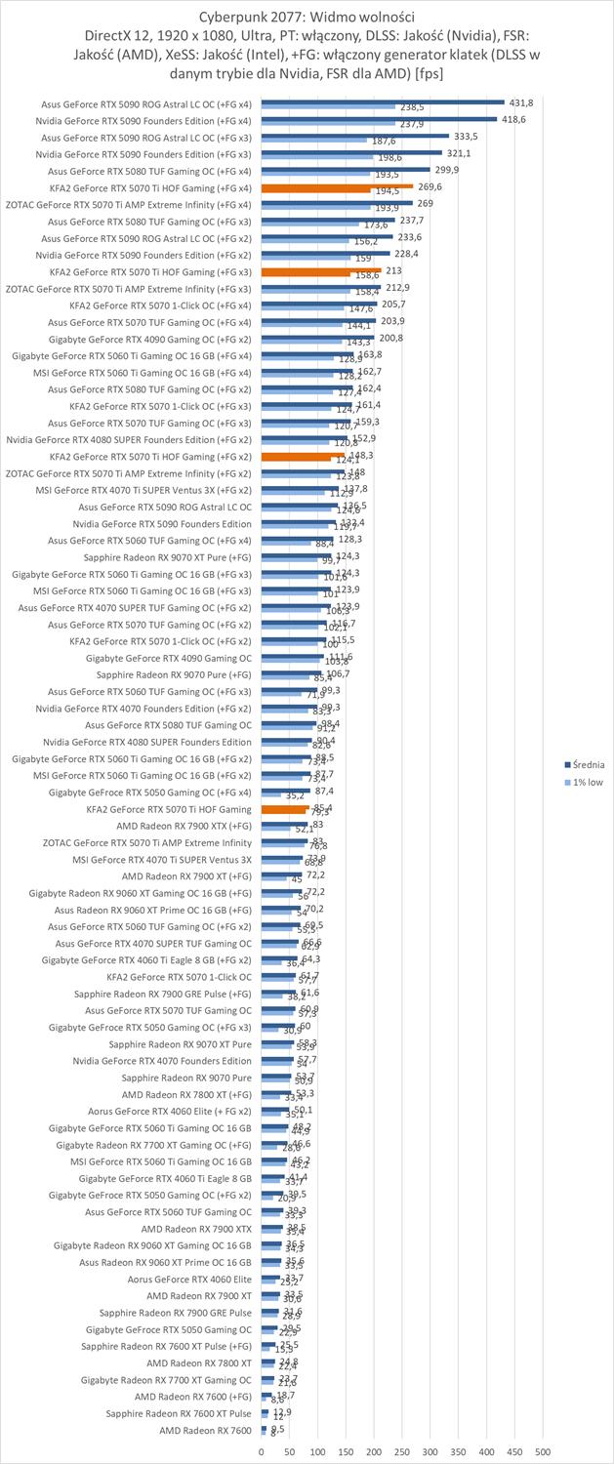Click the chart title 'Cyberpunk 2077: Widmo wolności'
[x=307, y=16]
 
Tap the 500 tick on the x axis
[x=543, y=1451]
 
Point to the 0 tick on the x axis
[x=261, y=1451]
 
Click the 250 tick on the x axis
[x=401, y=1451]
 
